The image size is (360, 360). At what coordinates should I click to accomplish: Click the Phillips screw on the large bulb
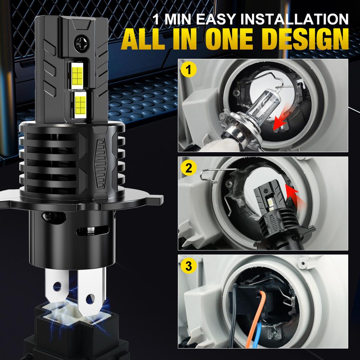click(79, 44)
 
